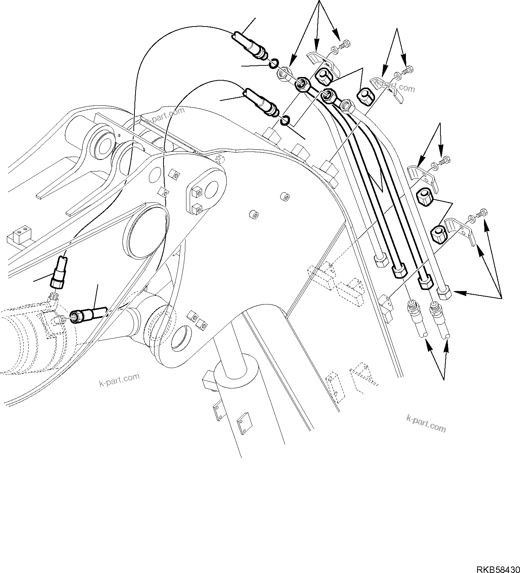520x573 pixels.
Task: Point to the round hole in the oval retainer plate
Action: pos(210,190)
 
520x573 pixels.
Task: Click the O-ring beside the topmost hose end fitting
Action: pos(274,64)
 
